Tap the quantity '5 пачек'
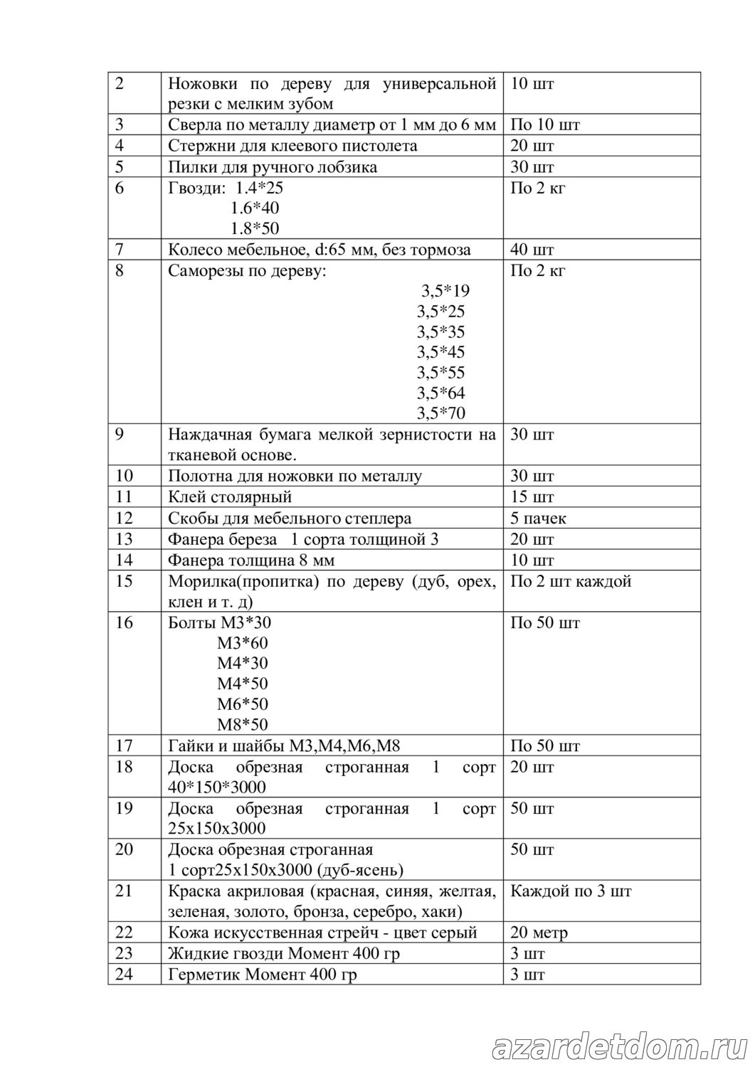pos(538,518)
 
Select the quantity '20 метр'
pos(539,933)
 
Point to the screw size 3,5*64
pos(441,393)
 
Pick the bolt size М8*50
pos(243,725)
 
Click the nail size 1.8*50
pos(255,229)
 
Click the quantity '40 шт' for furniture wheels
pos(532,250)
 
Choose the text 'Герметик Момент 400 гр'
pos(262,974)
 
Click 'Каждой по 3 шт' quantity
pos(571,891)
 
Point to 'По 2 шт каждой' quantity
pos(571,581)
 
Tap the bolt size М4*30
pos(243,663)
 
